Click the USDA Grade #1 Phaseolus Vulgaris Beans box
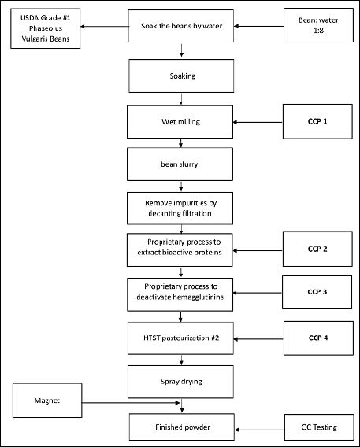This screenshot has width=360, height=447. (x=46, y=28)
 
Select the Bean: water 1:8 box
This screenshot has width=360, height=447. (x=318, y=25)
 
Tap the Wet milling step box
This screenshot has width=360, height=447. (x=180, y=122)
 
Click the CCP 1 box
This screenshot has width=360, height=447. (x=317, y=121)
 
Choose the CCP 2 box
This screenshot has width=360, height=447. (x=317, y=249)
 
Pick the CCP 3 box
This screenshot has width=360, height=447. (x=317, y=292)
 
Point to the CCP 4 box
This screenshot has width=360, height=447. (x=318, y=338)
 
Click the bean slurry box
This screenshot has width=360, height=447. (x=180, y=164)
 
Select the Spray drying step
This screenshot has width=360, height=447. (x=180, y=382)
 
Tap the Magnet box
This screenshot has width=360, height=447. (x=47, y=401)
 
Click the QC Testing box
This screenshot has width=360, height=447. (x=319, y=427)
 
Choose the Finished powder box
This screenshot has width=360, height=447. (x=182, y=427)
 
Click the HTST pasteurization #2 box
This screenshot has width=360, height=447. (x=180, y=338)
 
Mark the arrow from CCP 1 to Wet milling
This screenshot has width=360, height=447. (x=258, y=122)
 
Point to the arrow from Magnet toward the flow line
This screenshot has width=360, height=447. (x=131, y=403)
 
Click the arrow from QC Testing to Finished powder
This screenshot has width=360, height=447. (x=260, y=430)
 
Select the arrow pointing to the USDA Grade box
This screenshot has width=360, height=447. (x=104, y=26)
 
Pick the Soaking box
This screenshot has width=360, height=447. (x=181, y=76)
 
